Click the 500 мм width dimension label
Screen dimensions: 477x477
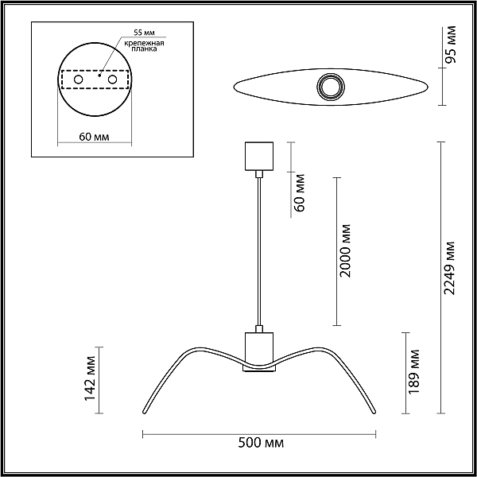[x=261, y=443]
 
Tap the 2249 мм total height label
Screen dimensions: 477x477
[x=449, y=268]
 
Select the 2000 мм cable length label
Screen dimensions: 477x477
[x=345, y=251]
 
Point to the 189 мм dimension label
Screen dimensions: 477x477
[x=413, y=372]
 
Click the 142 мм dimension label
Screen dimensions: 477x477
[x=90, y=378]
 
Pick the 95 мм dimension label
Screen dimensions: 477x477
[x=451, y=45]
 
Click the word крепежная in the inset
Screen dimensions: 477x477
[x=144, y=43]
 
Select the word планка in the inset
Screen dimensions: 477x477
[x=144, y=49]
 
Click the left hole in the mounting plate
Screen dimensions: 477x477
[x=78, y=79]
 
